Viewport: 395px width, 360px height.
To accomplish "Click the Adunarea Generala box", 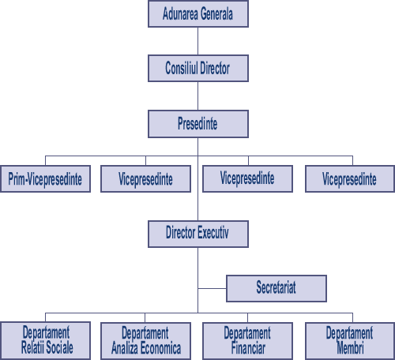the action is pyautogui.click(x=198, y=13).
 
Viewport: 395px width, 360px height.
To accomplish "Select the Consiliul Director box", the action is pyautogui.click(x=198, y=68).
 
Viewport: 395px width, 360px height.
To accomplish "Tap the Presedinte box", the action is pyautogui.click(x=198, y=124).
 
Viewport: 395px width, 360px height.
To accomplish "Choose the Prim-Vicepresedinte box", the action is pyautogui.click(x=45, y=178).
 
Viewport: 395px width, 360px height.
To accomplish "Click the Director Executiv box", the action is pyautogui.click(x=198, y=234).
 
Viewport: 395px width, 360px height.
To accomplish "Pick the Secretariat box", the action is pyautogui.click(x=276, y=288).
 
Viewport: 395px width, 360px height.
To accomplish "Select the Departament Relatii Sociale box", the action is pyautogui.click(x=45, y=340).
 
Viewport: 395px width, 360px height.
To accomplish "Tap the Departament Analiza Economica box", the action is pyautogui.click(x=145, y=341).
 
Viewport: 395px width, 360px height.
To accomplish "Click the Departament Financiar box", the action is pyautogui.click(x=247, y=341).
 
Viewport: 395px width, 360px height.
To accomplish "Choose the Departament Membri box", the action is pyautogui.click(x=350, y=341).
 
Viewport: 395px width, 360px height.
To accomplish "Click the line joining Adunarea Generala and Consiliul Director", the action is pyautogui.click(x=197, y=41).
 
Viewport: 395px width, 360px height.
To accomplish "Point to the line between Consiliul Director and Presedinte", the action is pyautogui.click(x=197, y=96).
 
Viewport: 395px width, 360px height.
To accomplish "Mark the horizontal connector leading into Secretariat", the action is pyautogui.click(x=212, y=288).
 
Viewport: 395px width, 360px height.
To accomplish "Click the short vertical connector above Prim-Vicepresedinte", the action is pyautogui.click(x=45, y=160).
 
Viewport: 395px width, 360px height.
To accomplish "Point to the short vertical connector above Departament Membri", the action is pyautogui.click(x=352, y=317).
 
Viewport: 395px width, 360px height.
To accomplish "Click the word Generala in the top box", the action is pyautogui.click(x=217, y=13).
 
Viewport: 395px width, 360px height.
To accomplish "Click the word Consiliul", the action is pyautogui.click(x=182, y=68).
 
